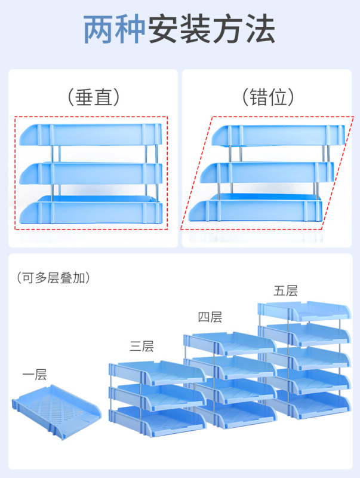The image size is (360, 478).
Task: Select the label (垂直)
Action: [94, 97]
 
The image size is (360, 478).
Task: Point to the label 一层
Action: [34, 375]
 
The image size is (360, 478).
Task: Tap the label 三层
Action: [141, 346]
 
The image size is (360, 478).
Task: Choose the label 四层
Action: [210, 317]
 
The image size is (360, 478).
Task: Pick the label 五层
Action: [285, 291]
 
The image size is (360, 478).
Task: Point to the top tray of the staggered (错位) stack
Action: [278, 135]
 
